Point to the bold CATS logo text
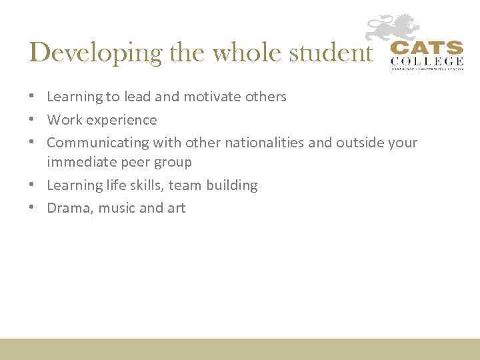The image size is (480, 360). point(426,49)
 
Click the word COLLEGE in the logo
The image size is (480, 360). point(426,62)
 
